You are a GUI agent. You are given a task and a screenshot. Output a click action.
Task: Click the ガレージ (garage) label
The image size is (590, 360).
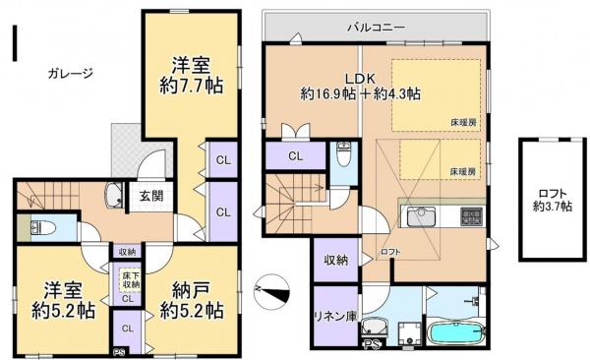68,73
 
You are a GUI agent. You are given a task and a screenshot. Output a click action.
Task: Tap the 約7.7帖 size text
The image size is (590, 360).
192,86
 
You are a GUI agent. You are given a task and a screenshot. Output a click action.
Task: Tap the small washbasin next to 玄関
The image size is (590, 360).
114,194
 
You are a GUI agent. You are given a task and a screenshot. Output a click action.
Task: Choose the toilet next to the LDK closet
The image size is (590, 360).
343,155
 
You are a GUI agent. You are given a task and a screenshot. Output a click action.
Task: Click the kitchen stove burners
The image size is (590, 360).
470,216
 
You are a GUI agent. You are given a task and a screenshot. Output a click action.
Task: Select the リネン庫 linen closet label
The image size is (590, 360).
334,318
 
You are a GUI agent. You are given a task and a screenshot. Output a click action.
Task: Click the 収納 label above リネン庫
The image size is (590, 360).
334,260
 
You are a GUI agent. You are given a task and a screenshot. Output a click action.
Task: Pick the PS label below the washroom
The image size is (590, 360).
372,343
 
